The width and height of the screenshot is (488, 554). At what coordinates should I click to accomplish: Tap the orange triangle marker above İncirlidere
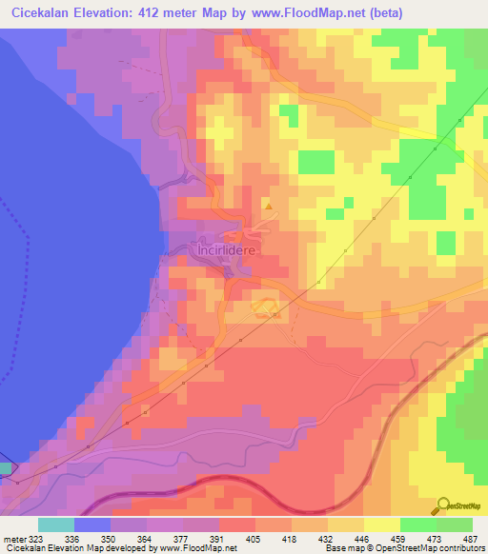[x=269, y=206]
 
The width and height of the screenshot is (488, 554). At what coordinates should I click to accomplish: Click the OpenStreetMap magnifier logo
[x=445, y=505]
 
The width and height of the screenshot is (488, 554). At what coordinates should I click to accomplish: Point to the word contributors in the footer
[x=459, y=548]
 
